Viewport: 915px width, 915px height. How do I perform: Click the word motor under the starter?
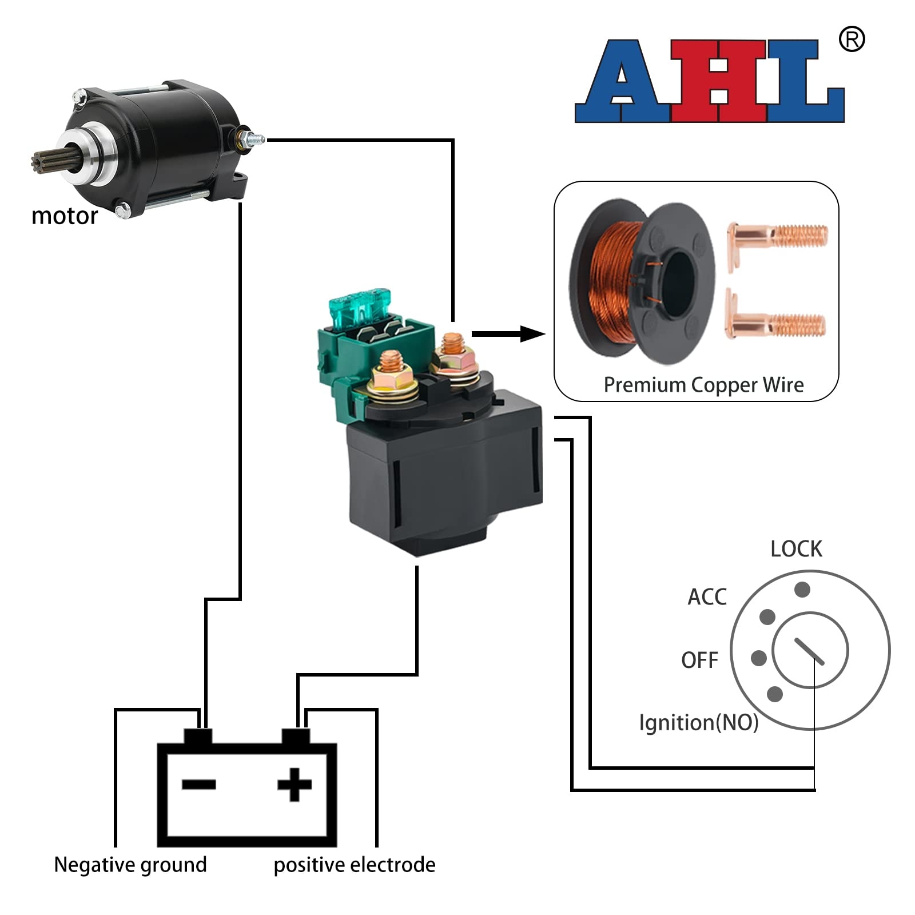click(64, 216)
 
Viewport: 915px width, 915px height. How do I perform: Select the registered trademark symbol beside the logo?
click(851, 40)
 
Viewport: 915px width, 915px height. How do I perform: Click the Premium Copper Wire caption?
click(703, 385)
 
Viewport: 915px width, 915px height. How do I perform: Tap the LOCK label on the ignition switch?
click(795, 549)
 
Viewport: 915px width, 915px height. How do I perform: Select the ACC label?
click(707, 597)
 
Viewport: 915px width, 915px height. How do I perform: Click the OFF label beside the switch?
click(699, 661)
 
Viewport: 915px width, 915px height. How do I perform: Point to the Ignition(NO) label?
click(698, 723)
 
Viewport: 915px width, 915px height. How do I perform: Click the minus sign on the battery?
click(198, 784)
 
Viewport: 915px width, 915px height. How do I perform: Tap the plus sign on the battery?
click(295, 784)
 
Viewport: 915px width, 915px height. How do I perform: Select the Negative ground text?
click(130, 865)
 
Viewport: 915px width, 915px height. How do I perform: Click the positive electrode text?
click(354, 865)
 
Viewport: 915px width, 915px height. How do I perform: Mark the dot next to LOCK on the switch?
click(802, 589)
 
